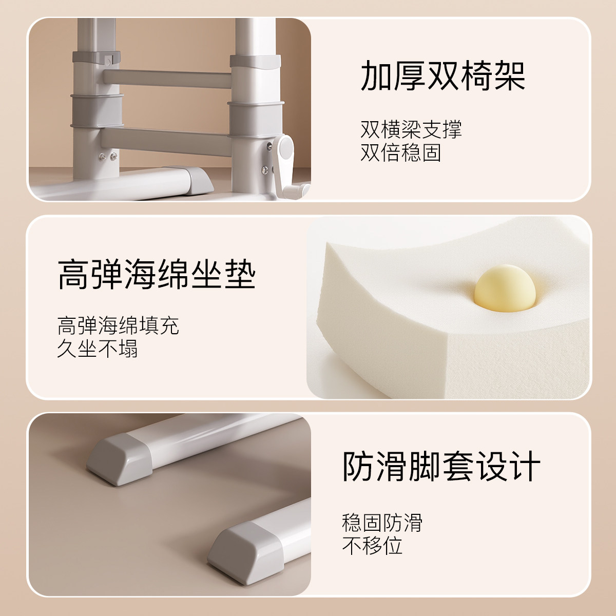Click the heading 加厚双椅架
point(442,76)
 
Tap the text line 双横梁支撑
point(411,130)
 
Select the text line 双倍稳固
point(400,153)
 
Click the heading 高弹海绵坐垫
point(156,274)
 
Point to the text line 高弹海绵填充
point(118,326)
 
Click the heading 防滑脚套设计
point(441,467)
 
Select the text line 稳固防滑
point(382,523)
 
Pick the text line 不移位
point(372,546)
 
